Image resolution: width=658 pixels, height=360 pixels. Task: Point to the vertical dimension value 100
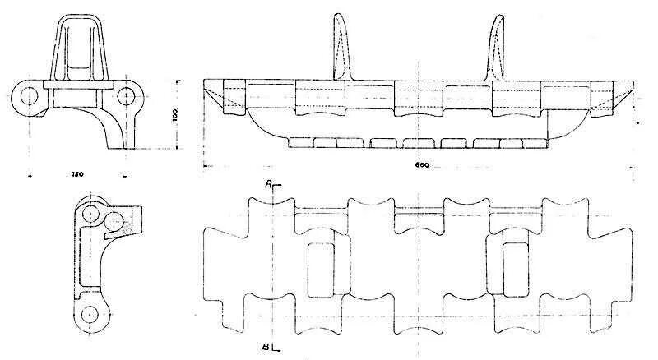click(x=175, y=115)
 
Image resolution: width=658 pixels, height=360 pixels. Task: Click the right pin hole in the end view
click(x=126, y=95)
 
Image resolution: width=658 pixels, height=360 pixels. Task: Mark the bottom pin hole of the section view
click(x=88, y=313)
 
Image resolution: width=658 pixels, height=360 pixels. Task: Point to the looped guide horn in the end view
click(x=78, y=45)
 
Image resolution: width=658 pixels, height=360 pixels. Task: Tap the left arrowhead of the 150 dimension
click(x=30, y=174)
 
